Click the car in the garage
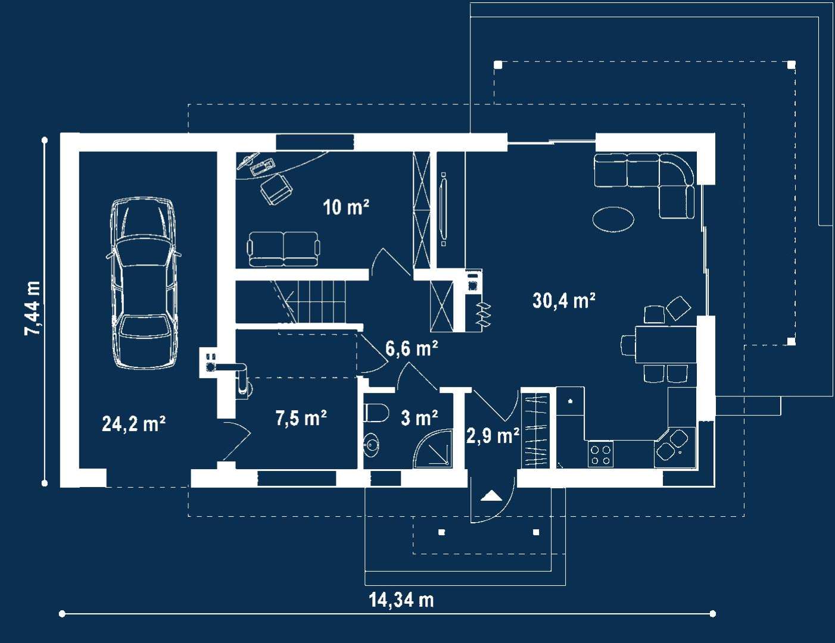143,283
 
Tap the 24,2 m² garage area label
134,424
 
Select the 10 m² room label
346,207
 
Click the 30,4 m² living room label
564,300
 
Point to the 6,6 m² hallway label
412,348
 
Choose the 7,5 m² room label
301,417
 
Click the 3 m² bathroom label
419,417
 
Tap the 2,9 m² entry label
493,436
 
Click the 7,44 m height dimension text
32,308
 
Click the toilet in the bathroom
376,413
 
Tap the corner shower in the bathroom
433,449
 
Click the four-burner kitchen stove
600,454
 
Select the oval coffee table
613,219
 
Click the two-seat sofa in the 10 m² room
283,249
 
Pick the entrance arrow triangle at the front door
491,496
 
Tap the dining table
666,345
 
